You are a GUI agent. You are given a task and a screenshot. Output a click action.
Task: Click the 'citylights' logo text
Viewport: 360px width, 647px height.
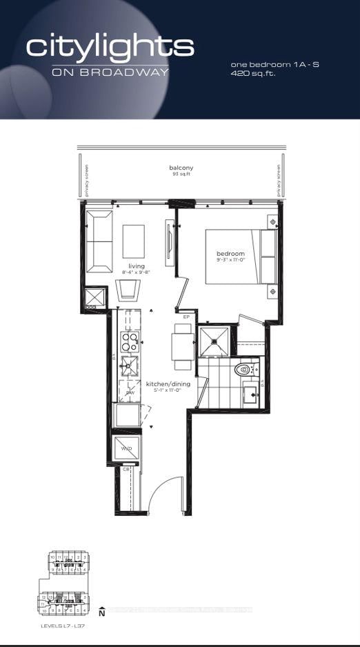coord(110,47)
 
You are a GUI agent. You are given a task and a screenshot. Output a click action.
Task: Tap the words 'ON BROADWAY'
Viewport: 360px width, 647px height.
coord(110,72)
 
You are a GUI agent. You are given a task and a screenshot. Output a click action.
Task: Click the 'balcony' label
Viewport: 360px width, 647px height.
coord(181,168)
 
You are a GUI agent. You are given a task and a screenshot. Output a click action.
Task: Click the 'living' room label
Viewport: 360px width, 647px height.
coord(135,266)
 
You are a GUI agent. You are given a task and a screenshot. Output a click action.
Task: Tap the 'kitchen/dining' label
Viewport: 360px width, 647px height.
coord(163,384)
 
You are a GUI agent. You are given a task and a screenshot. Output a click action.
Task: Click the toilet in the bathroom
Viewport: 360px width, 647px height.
coord(245,370)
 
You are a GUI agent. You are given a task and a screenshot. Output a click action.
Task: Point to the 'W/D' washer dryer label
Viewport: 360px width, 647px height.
coord(126,448)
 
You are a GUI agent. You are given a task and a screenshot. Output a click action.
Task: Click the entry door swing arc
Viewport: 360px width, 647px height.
coord(166,493)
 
